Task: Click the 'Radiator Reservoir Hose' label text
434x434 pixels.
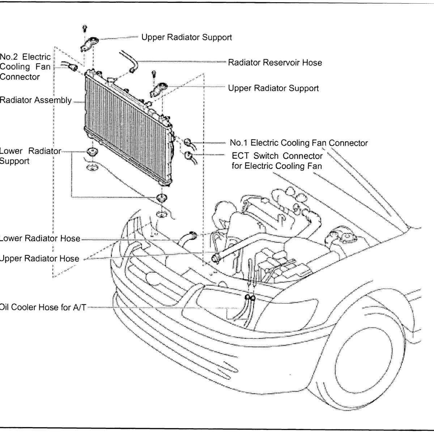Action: point(275,63)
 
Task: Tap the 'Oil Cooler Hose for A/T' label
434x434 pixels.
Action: point(43,307)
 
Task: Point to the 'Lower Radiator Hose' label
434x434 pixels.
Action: point(40,238)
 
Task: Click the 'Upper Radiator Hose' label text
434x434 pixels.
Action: point(39,259)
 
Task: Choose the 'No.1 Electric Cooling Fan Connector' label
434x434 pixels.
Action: point(299,143)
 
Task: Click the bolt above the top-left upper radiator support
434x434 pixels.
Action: point(85,27)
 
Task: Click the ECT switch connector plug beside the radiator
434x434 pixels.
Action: point(188,156)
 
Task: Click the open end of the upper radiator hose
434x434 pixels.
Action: point(216,258)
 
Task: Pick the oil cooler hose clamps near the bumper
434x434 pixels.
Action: point(250,298)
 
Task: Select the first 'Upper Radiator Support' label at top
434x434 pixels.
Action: point(187,37)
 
